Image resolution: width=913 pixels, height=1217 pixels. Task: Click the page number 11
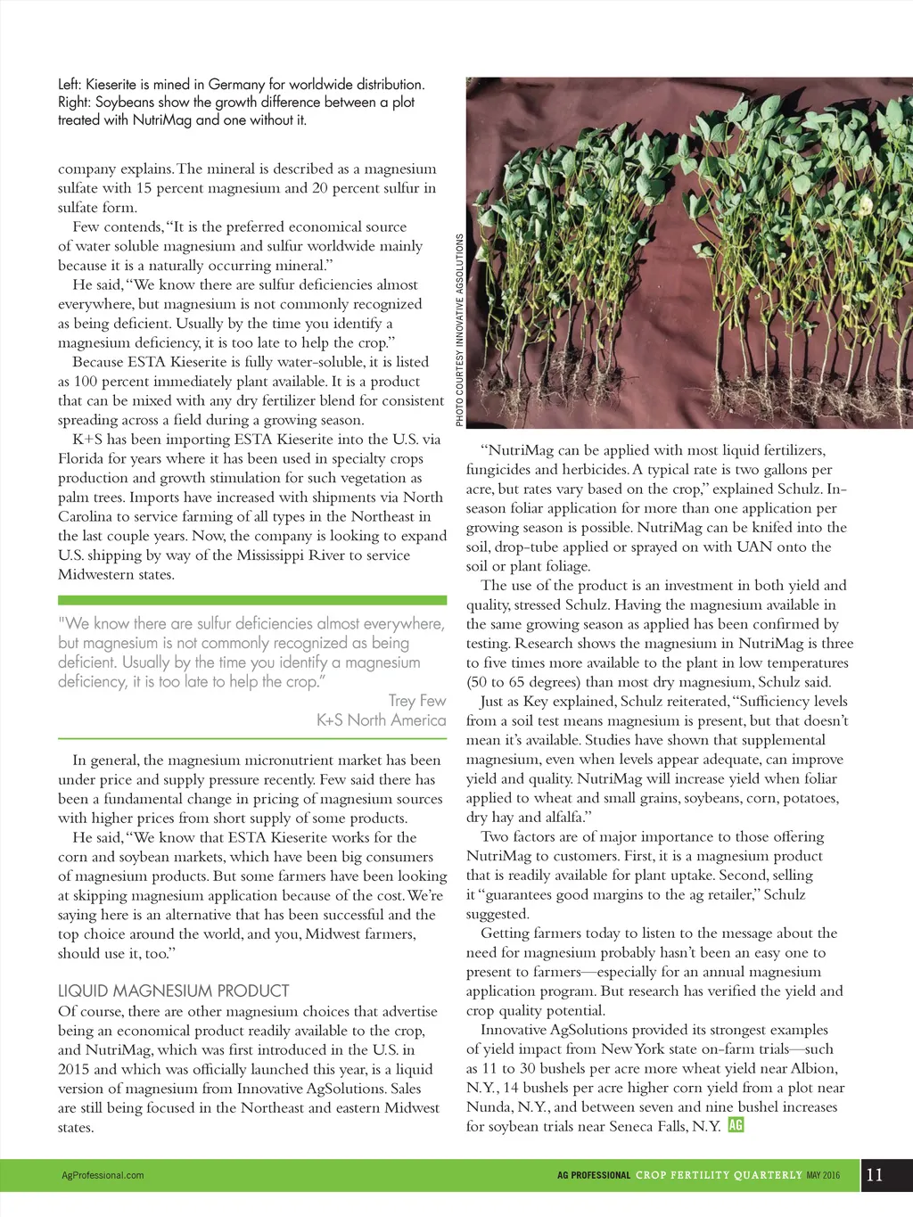(875, 1174)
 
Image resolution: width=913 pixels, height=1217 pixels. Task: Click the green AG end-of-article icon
(736, 1125)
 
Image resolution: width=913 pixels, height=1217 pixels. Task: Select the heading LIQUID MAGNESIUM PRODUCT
(174, 991)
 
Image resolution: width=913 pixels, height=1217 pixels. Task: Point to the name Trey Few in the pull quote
(417, 701)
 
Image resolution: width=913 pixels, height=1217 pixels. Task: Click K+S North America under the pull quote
(382, 720)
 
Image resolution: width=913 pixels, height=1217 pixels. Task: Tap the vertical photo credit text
(459, 330)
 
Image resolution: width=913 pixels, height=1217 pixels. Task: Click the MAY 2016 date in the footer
(824, 1175)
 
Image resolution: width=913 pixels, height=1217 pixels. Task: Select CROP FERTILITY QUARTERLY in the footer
(719, 1175)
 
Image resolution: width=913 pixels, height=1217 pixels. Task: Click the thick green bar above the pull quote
(252, 601)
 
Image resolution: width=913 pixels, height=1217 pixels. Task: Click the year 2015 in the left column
(74, 1069)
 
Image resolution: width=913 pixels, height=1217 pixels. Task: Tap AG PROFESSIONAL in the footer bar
(594, 1175)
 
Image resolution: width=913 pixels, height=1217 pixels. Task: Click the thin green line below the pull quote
(252, 738)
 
